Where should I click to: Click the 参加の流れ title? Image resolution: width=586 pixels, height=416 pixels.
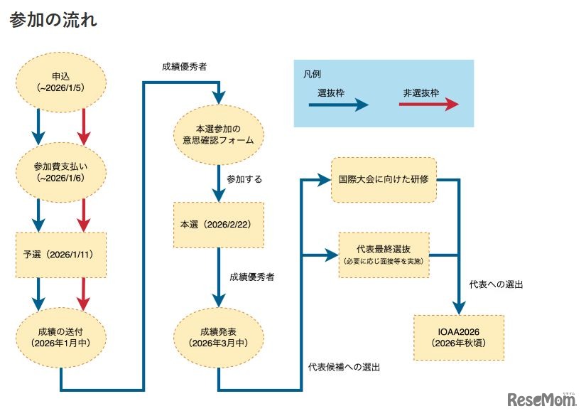(x=53, y=21)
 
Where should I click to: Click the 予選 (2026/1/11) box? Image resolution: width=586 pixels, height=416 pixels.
(x=61, y=255)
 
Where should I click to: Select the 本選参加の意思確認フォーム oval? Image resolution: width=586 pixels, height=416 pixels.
(x=219, y=134)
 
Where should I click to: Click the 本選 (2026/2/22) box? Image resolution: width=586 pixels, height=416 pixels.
(x=219, y=225)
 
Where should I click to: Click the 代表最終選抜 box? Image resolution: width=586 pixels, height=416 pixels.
(x=384, y=255)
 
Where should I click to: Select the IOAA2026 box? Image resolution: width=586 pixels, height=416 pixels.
(x=458, y=337)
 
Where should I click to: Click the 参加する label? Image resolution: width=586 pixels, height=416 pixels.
(x=244, y=179)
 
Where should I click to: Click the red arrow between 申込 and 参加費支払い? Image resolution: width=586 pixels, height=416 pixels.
(x=84, y=125)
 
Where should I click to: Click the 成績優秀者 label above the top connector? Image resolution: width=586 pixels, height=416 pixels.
(x=184, y=67)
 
